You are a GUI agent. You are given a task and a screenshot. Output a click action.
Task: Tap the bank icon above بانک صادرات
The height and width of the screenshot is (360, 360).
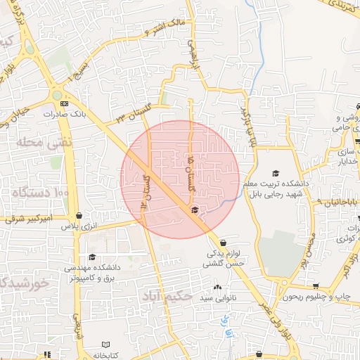(64, 103)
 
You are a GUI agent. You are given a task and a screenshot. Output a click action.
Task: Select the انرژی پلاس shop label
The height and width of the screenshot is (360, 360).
(77, 226)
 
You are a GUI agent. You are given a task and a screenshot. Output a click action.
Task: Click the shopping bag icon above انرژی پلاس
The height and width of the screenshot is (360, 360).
(78, 216)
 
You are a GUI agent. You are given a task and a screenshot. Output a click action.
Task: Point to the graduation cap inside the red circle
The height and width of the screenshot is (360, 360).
(194, 210)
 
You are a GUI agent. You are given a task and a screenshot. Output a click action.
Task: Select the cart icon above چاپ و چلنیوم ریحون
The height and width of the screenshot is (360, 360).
(316, 286)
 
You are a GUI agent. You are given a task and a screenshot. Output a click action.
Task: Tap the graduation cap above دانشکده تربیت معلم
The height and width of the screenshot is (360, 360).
(276, 173)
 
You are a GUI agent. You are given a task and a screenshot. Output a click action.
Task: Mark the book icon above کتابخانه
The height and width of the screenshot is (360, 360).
(105, 345)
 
